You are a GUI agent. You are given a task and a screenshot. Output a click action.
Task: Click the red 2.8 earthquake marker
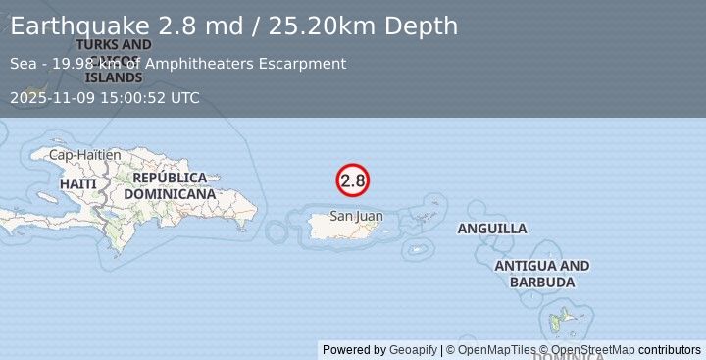tap(352, 180)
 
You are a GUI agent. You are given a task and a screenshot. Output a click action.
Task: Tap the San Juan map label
tap(356, 216)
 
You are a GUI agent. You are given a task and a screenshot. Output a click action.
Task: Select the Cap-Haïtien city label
tap(85, 155)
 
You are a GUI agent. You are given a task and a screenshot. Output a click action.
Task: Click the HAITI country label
tap(77, 183)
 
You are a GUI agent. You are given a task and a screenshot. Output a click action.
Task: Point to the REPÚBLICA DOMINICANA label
tap(174, 185)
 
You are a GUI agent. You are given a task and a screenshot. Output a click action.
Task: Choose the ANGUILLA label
tap(492, 229)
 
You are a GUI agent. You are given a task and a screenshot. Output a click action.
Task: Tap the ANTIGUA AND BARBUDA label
tap(542, 274)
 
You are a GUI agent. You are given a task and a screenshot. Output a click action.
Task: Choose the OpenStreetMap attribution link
tap(592, 350)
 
